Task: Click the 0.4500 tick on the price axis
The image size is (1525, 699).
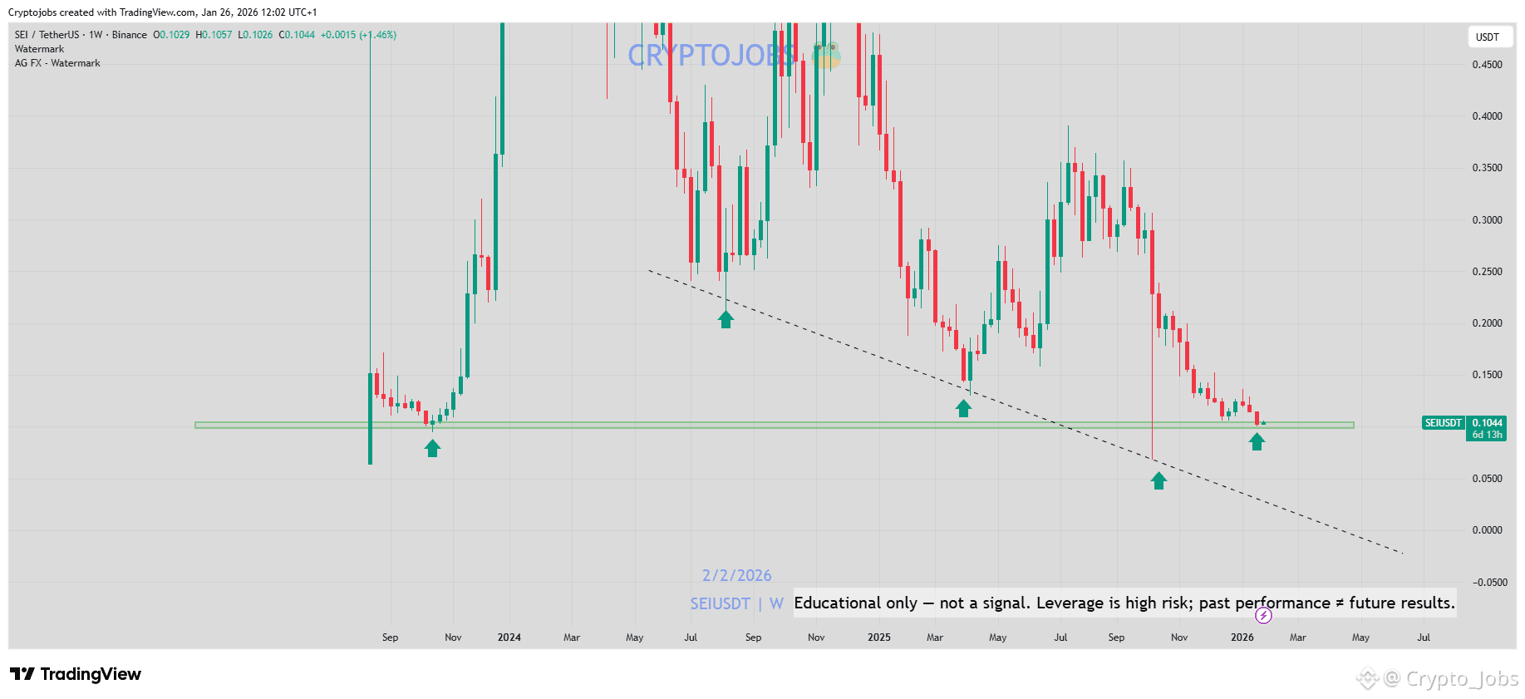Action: (1487, 65)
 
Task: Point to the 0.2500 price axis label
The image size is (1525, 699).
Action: (1487, 272)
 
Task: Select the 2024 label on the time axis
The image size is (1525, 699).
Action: (509, 637)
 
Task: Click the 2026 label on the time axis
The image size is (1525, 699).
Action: (1242, 637)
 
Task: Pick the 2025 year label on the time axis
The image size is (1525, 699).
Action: (878, 637)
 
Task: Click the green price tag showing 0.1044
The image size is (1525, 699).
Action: (1487, 423)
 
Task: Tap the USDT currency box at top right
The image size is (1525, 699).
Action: (1487, 37)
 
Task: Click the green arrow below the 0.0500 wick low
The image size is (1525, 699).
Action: (1159, 480)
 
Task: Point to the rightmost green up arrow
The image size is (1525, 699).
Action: (1257, 441)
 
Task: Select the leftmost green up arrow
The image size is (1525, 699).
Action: (432, 448)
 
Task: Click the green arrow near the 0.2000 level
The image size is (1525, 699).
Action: (726, 319)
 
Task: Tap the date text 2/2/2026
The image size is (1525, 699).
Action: (736, 575)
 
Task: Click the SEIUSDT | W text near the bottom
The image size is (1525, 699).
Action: (736, 603)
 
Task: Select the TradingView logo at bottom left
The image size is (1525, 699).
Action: (76, 674)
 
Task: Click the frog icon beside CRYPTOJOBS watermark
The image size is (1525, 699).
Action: (827, 55)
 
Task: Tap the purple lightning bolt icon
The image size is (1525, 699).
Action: (1263, 615)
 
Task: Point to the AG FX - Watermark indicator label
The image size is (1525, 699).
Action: (57, 63)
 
